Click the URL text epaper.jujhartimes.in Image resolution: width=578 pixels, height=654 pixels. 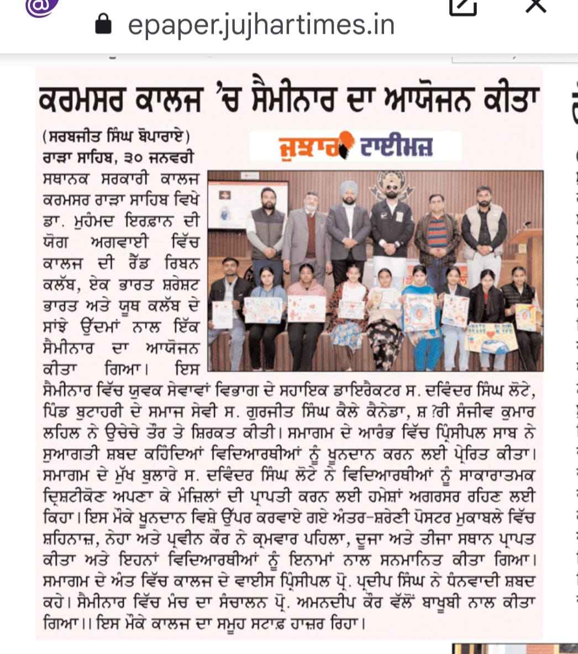pyautogui.click(x=261, y=24)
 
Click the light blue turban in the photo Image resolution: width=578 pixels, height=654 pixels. pyautogui.click(x=349, y=188)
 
